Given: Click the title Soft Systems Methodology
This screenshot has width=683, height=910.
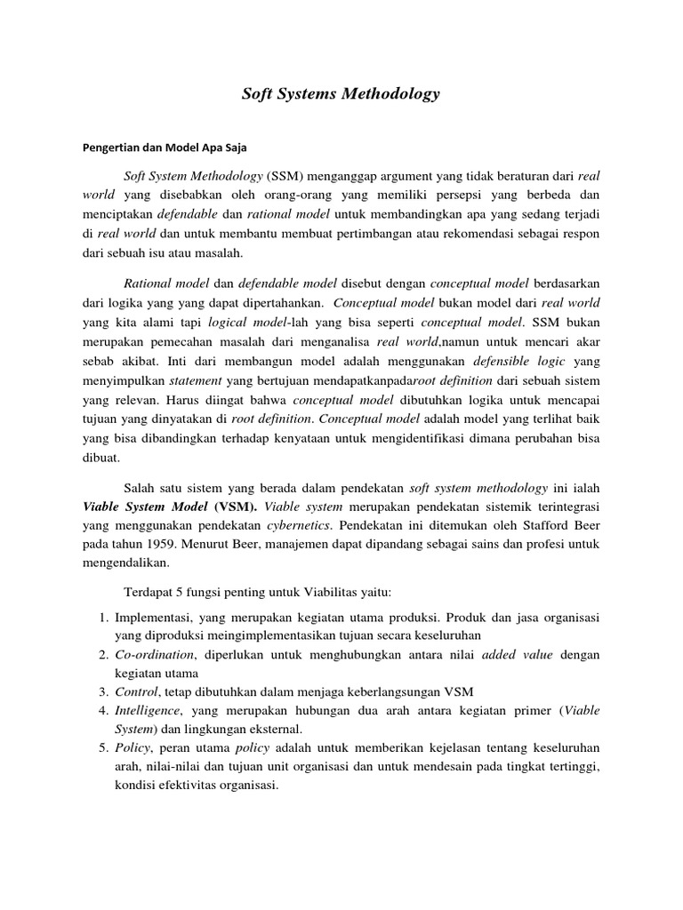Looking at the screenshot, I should pyautogui.click(x=341, y=93).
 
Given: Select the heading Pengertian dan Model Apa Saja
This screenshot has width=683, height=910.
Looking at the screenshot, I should pyautogui.click(x=165, y=148).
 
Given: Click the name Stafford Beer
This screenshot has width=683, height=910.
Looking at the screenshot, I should pyautogui.click(x=562, y=526).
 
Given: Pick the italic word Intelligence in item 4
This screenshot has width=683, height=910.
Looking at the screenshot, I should pyautogui.click(x=149, y=712).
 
